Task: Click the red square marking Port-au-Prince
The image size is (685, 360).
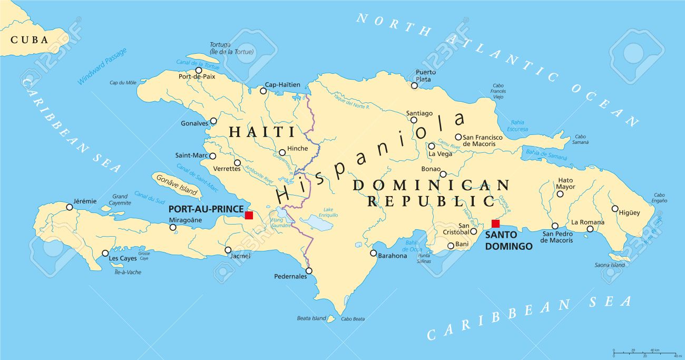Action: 249,215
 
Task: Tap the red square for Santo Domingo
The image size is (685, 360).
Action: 495,223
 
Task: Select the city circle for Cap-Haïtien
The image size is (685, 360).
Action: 263,91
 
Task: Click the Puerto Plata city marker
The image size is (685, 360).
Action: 415,85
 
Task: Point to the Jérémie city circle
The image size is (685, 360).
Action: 70,207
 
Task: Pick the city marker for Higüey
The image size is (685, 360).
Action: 614,208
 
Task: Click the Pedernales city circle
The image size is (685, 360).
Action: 309,271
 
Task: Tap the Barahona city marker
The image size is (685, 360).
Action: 373,253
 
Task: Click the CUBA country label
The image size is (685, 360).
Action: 30,40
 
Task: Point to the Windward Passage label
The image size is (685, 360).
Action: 102,66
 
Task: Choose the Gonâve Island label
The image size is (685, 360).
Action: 177,184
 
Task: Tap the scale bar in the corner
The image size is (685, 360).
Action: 643,351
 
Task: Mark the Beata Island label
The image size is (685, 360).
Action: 311,318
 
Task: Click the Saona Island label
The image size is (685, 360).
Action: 610,265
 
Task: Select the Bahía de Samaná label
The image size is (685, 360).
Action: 546,154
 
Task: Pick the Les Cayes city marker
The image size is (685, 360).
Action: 105,253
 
